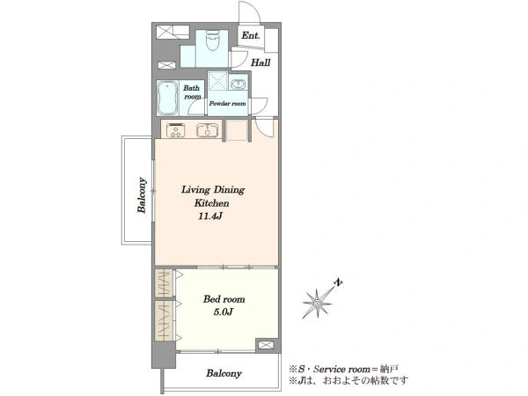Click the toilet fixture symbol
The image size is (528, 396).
coord(212,40)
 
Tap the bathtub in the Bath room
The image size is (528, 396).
coord(167,98)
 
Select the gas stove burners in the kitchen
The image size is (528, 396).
coord(176,130)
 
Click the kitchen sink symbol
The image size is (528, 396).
coord(208,130)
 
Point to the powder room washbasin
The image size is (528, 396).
coord(238,84)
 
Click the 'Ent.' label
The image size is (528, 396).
coord(251,35)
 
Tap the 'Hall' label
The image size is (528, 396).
coord(260,62)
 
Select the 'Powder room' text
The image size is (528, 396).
coord(227,103)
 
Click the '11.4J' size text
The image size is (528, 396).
coord(209,216)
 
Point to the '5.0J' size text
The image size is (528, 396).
coord(224,312)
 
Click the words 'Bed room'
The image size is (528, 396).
coord(224,299)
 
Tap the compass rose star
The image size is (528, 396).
coord(317,304)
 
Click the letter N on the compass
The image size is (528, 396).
coord(339,282)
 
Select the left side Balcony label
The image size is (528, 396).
coord(142,195)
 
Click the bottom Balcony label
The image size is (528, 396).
coord(224,373)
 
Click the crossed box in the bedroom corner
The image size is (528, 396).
coord(264,345)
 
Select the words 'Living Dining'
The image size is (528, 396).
coord(213,190)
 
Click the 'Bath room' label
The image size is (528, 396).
coord(192,92)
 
